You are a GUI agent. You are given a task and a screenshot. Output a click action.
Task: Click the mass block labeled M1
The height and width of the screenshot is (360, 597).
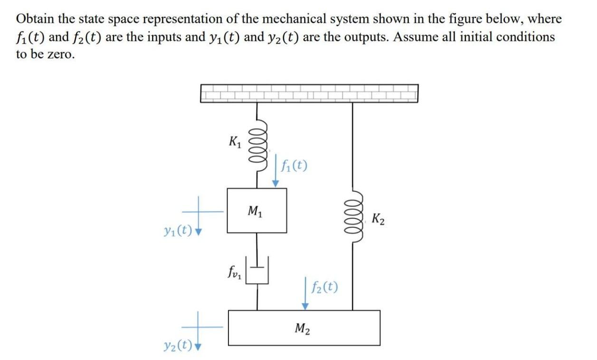coord(256,210)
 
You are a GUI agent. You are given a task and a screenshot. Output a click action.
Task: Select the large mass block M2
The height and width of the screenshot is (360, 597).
coord(304,327)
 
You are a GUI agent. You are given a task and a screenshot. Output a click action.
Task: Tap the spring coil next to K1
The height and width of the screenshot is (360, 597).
coord(259,148)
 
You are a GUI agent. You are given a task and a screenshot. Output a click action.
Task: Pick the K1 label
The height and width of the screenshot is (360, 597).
coord(235,141)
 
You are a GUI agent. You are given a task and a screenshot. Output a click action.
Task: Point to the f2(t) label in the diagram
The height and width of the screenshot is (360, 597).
coord(325,286)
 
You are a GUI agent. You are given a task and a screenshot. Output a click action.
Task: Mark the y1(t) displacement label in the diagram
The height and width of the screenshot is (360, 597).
coord(177,231)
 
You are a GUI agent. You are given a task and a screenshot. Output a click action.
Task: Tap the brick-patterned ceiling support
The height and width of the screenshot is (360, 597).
coord(309,93)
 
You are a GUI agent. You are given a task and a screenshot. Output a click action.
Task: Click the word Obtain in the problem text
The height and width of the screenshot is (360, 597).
coord(34,19)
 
